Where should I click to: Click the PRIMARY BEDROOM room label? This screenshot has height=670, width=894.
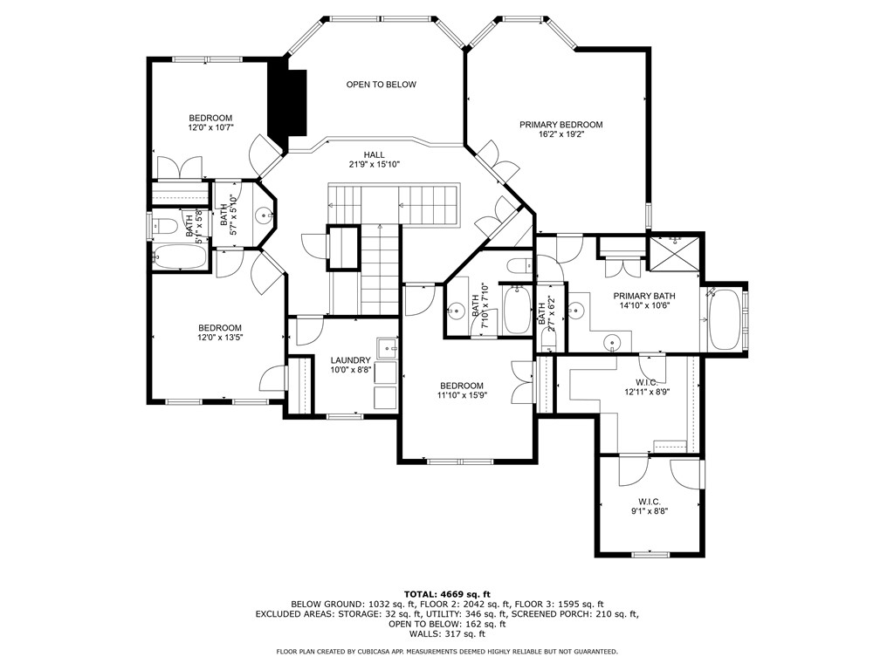click(x=560, y=125)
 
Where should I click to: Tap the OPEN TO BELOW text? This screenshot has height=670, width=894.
click(x=381, y=85)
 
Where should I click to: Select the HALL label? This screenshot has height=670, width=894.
click(x=374, y=154)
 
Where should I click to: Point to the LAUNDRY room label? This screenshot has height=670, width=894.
click(x=351, y=360)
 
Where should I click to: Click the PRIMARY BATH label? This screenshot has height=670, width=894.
click(x=644, y=296)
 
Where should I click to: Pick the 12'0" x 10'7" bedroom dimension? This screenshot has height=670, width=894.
click(x=210, y=127)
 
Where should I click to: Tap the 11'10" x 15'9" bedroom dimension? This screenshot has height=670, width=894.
click(x=461, y=395)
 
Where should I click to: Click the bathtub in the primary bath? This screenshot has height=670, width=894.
click(x=724, y=320)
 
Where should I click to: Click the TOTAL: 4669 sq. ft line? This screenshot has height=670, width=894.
click(x=446, y=593)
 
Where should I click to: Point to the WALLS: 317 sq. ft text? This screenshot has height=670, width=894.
click(x=446, y=635)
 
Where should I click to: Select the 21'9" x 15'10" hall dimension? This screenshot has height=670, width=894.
click(x=374, y=164)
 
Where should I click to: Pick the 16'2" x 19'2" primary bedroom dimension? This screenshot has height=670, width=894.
click(x=560, y=134)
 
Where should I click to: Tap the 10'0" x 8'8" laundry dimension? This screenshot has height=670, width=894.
click(x=351, y=370)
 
